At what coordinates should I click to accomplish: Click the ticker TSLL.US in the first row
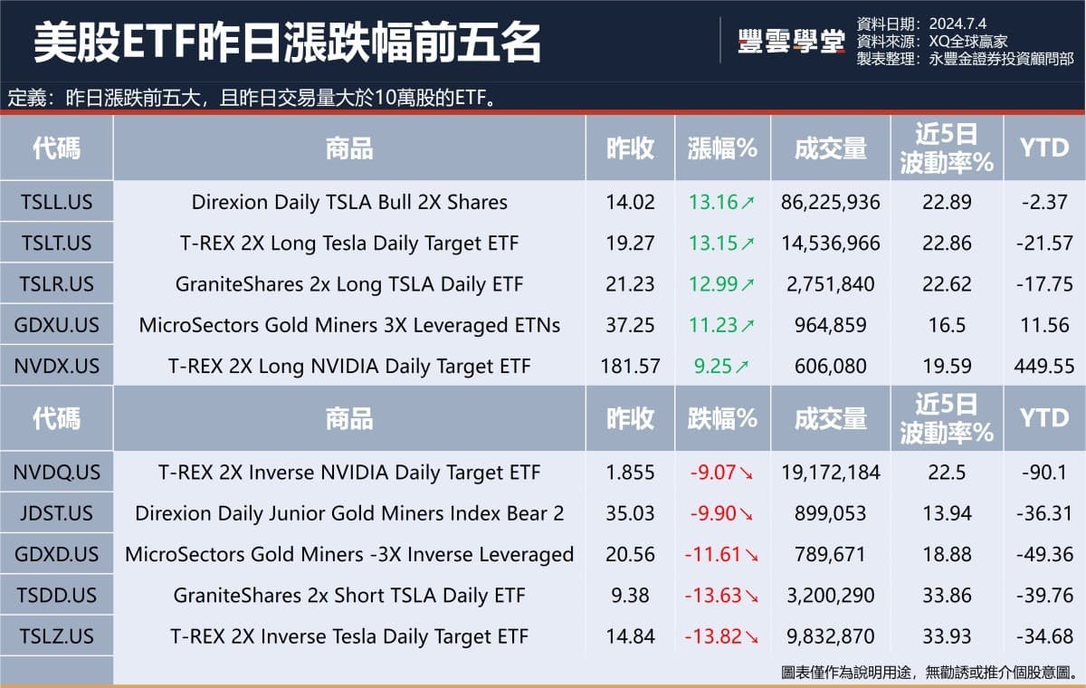pyautogui.click(x=56, y=202)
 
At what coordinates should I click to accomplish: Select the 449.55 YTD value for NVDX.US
pyautogui.click(x=1044, y=367)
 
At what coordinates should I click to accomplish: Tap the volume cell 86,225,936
pyautogui.click(x=830, y=202)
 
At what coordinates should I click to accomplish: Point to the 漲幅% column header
pyautogui.click(x=722, y=148)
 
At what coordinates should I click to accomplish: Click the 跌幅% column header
pyautogui.click(x=722, y=418)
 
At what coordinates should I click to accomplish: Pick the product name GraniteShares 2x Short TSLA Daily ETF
pyautogui.click(x=348, y=596)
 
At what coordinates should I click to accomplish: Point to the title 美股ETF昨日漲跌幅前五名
pyautogui.click(x=288, y=42)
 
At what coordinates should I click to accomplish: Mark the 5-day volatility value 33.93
pyautogui.click(x=947, y=636)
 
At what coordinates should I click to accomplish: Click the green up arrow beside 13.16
pyautogui.click(x=748, y=203)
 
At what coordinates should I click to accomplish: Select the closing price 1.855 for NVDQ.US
pyautogui.click(x=630, y=473)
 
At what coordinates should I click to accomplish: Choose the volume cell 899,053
pyautogui.click(x=830, y=513)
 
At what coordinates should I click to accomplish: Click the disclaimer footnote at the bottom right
pyautogui.click(x=928, y=673)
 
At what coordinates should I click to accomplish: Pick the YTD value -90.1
pyautogui.click(x=1044, y=473)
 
